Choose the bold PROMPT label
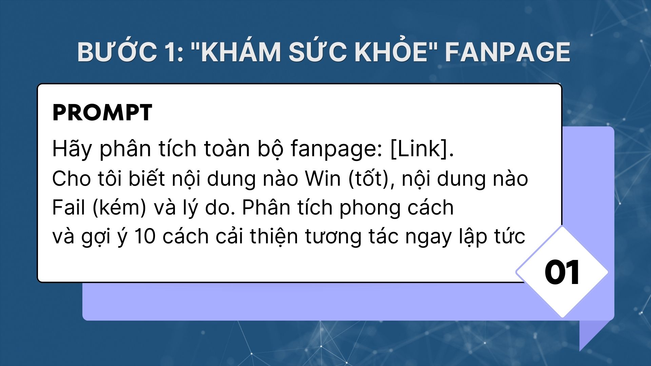coord(102,113)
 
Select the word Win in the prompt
coord(323,179)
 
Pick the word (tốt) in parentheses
coord(372,179)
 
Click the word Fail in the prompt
coord(68,207)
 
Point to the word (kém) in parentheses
coord(119,208)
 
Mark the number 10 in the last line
coord(145,236)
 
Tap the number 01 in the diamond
coord(562,272)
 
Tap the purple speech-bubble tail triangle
coord(594,334)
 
